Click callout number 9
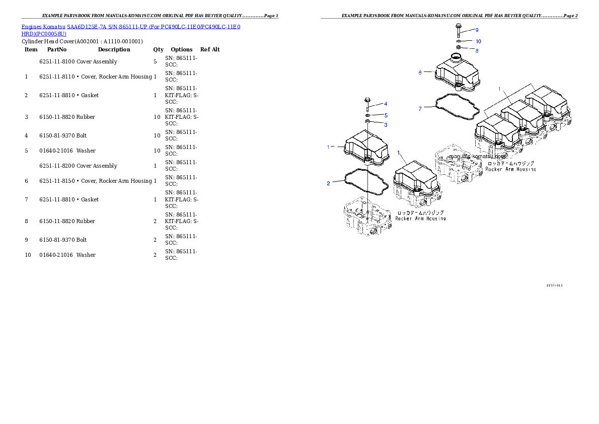[477, 30]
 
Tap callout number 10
[478, 41]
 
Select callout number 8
[477, 50]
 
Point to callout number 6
[420, 72]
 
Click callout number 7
[420, 108]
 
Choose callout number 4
[386, 104]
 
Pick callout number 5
[386, 115]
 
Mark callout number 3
[386, 124]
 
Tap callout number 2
[329, 183]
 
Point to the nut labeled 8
[459, 48]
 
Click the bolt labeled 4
[367, 104]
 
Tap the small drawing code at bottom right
[554, 286]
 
